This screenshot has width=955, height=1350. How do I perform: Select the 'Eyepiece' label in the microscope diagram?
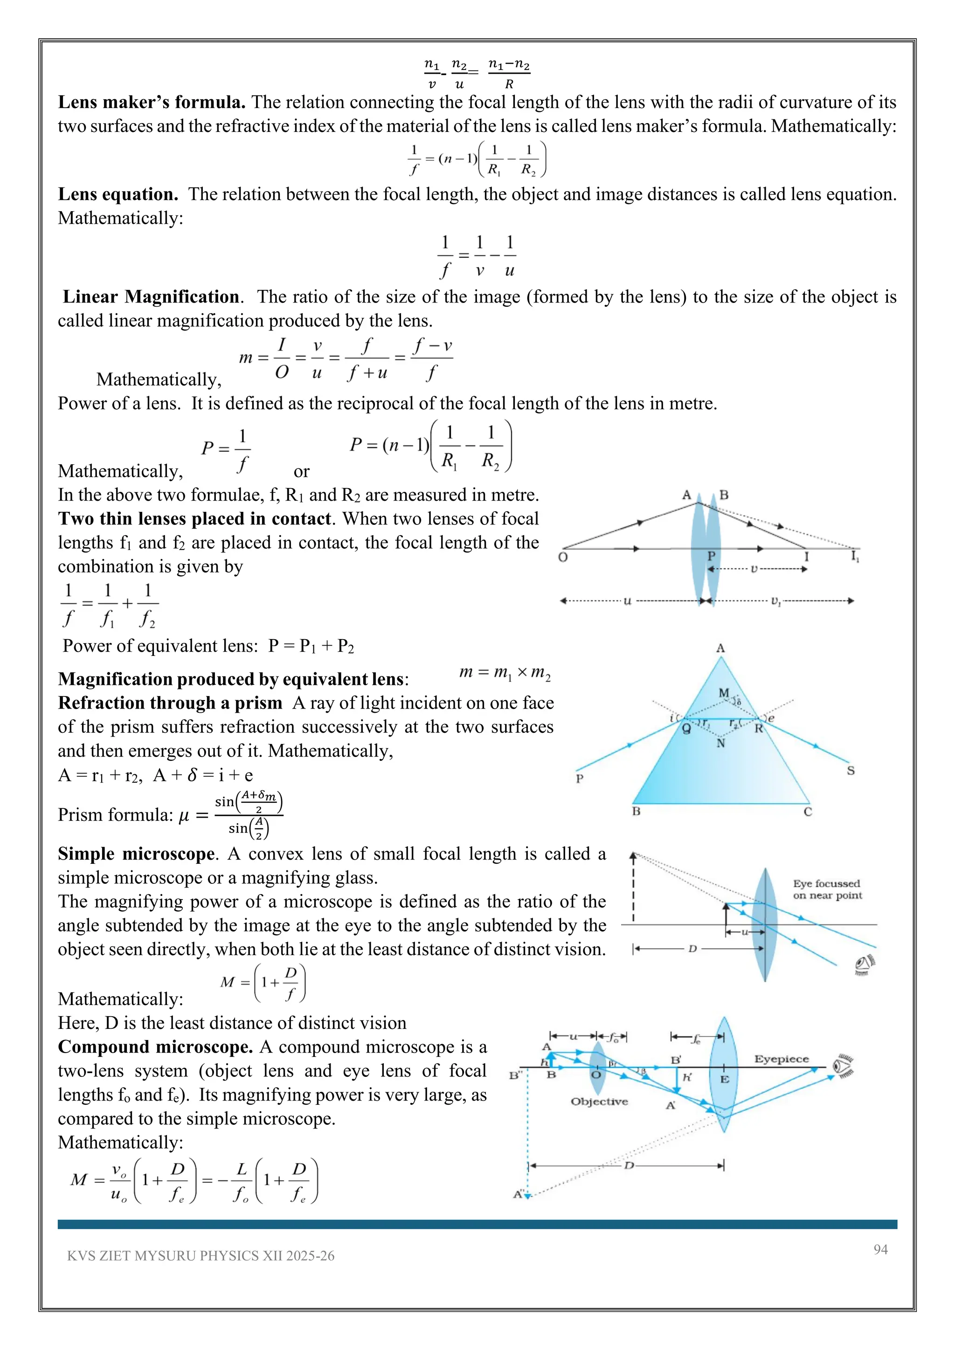782,1059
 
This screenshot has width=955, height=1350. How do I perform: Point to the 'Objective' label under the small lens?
599,1102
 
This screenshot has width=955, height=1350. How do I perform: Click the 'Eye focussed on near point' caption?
827,889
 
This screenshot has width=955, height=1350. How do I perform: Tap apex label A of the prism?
720,648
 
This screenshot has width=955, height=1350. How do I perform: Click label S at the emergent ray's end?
851,771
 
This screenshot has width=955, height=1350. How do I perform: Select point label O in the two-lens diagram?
563,558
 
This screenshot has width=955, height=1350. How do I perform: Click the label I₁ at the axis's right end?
854,556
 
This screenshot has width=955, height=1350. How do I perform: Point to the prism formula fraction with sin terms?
248,815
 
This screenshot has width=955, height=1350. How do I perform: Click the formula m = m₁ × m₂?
505,673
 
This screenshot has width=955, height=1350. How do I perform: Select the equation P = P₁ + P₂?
311,646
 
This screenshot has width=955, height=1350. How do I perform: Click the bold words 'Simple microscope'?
136,854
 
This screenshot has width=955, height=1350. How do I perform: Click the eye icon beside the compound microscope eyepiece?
843,1066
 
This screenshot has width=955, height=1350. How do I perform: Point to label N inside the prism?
721,743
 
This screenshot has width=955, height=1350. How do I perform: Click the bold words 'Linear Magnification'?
151,297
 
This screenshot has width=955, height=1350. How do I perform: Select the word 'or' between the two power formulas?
301,472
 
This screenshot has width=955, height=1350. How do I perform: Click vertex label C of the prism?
808,812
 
